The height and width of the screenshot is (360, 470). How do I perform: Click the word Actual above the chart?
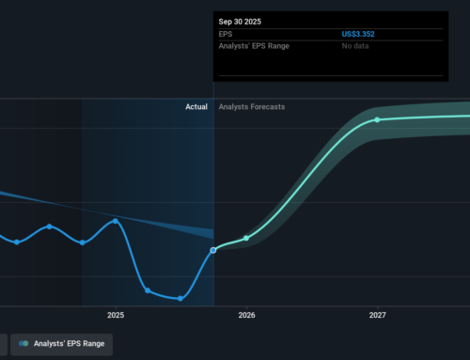point(196,107)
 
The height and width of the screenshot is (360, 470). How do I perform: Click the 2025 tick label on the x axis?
point(116,315)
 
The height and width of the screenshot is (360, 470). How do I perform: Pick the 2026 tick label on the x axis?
point(246,315)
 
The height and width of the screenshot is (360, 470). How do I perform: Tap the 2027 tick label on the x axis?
point(377,315)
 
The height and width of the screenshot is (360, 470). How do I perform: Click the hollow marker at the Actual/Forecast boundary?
point(214,249)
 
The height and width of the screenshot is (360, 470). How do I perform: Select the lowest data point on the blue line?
point(180,299)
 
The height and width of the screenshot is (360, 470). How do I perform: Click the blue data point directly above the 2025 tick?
point(116,221)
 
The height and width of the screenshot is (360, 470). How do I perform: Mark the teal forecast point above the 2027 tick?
point(377,119)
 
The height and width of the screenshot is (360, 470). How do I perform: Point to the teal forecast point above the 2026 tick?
point(246,238)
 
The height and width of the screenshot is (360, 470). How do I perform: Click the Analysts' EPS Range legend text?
point(68,345)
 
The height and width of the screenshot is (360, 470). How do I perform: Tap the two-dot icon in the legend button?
point(23,345)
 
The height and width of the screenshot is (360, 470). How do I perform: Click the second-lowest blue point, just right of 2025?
point(148,290)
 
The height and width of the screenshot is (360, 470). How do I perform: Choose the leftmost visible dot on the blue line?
point(17,242)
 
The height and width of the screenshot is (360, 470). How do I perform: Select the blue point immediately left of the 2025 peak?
point(83,243)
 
